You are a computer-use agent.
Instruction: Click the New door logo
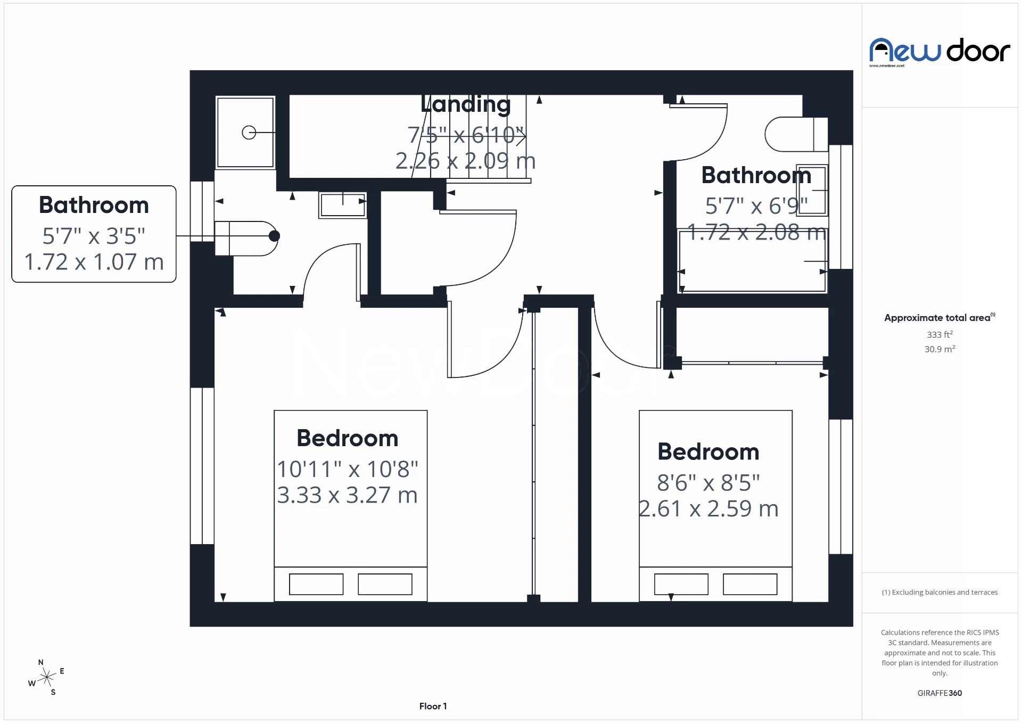(x=939, y=51)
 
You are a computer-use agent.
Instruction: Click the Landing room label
(x=465, y=104)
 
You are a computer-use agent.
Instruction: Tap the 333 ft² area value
(x=939, y=334)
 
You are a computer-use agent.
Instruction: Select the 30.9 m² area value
(x=939, y=349)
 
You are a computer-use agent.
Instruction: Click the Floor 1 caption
(x=433, y=706)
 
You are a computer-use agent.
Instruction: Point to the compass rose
(x=47, y=677)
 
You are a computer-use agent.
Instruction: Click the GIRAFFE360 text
(x=939, y=693)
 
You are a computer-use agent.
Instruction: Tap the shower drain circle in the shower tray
(x=249, y=132)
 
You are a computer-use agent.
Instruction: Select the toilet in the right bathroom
(x=795, y=134)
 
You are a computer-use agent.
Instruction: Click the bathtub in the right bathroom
(x=753, y=261)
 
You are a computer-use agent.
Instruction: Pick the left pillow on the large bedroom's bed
(x=316, y=584)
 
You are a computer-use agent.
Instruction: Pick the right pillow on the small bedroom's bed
(x=749, y=584)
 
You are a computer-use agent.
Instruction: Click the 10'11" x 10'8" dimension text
(x=348, y=470)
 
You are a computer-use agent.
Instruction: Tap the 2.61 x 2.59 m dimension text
(x=708, y=509)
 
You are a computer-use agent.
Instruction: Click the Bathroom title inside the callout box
(x=94, y=206)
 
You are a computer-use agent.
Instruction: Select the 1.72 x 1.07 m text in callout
(x=94, y=262)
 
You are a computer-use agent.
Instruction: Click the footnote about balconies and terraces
(x=939, y=592)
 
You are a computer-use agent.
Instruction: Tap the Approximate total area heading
(x=938, y=318)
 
